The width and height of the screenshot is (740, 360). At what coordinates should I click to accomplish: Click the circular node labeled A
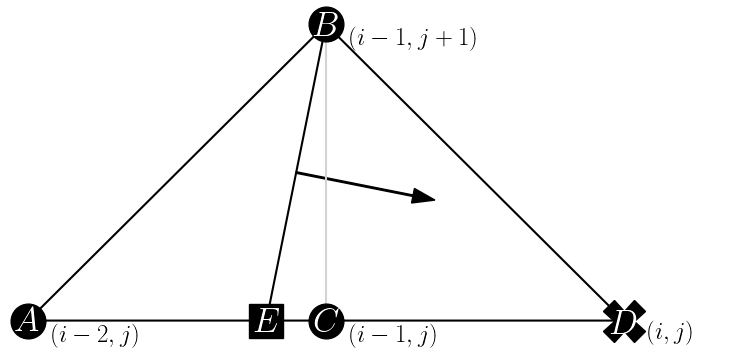[x=28, y=321]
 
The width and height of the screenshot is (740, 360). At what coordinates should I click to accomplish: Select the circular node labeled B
[x=326, y=24]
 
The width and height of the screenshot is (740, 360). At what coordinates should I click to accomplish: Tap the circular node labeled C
[x=326, y=321]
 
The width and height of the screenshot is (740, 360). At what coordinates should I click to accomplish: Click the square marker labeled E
[x=266, y=321]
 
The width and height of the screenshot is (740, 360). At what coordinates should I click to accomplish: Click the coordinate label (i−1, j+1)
[x=412, y=39]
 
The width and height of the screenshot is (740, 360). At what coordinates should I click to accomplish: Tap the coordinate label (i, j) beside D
[x=669, y=331]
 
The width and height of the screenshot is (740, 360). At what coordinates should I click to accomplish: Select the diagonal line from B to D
[x=475, y=172]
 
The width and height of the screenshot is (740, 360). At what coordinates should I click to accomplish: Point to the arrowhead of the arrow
[x=425, y=196]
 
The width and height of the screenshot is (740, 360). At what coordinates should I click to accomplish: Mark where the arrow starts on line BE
[x=296, y=174]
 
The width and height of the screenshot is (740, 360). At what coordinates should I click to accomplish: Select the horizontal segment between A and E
[x=150, y=321]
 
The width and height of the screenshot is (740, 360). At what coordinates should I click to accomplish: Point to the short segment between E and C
[x=296, y=321]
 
